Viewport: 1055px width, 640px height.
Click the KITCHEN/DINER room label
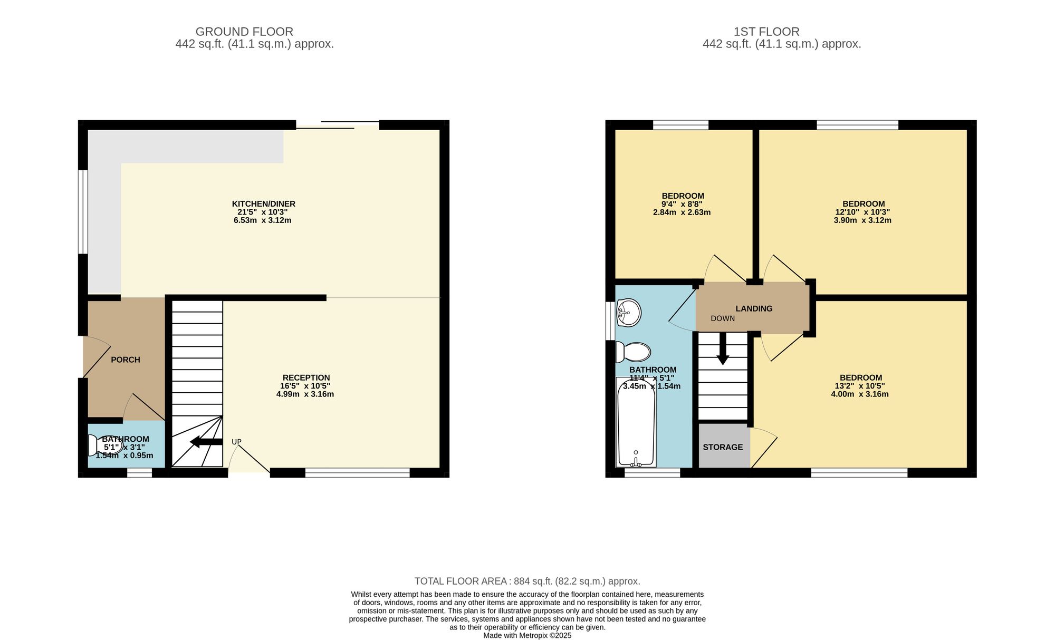pyautogui.click(x=264, y=204)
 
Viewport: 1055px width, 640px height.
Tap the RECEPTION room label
pyautogui.click(x=306, y=378)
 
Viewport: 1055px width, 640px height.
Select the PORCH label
pyautogui.click(x=126, y=360)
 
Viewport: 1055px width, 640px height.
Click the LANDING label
pyautogui.click(x=754, y=309)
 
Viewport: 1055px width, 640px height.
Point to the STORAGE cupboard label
pyautogui.click(x=723, y=448)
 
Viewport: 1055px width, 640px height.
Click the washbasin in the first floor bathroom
pyautogui.click(x=629, y=313)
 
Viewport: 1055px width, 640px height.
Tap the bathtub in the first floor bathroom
pyautogui.click(x=636, y=422)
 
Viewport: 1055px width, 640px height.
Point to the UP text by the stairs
pyautogui.click(x=236, y=442)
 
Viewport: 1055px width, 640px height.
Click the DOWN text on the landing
pyautogui.click(x=723, y=318)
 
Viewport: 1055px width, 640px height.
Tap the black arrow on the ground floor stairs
pyautogui.click(x=206, y=442)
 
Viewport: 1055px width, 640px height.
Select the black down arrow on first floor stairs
pyautogui.click(x=723, y=348)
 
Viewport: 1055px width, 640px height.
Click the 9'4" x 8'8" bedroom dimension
pyautogui.click(x=682, y=205)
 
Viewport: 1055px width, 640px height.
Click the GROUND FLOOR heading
pyautogui.click(x=244, y=32)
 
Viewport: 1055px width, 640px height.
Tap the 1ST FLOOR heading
pyautogui.click(x=766, y=32)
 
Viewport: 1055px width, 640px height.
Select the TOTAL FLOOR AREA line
pyautogui.click(x=527, y=581)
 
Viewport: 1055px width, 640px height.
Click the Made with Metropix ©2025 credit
pyautogui.click(x=527, y=636)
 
